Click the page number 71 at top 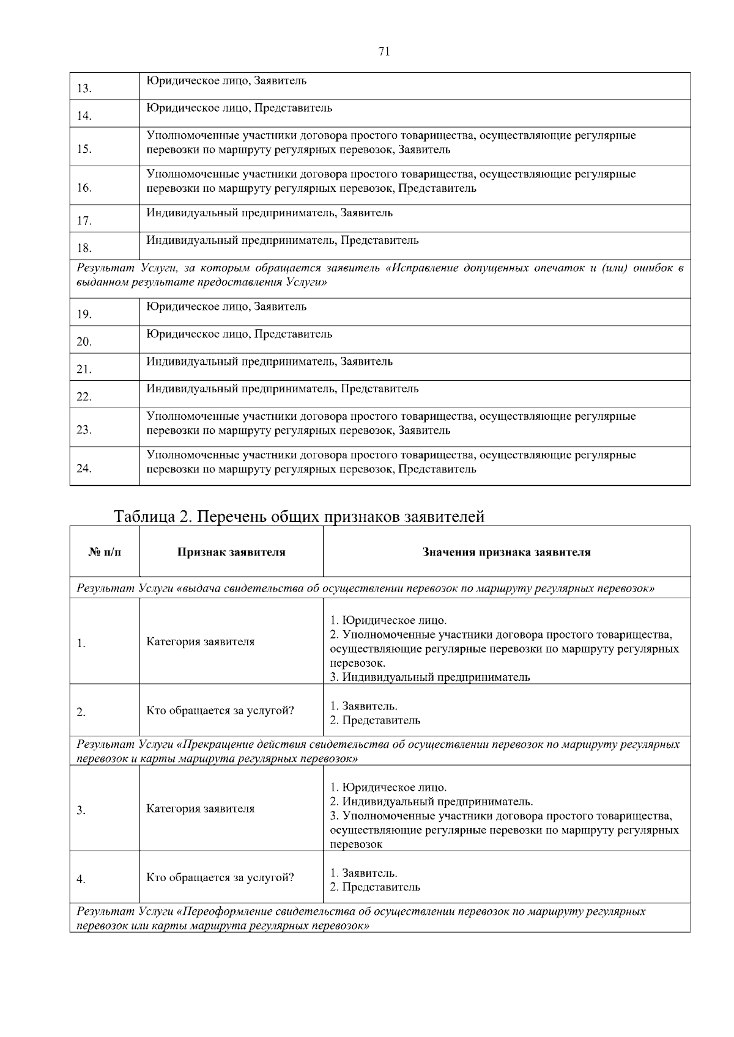coord(384,51)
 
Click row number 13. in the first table coord(84,89)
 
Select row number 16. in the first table coord(84,188)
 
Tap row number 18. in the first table coord(84,248)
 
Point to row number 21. coord(84,370)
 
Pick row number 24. coord(84,469)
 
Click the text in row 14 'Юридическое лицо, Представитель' coord(239,108)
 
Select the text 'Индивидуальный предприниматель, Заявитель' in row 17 coord(269,213)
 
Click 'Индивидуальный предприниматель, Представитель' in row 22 coord(282,389)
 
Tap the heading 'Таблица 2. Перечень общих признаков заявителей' coord(299,517)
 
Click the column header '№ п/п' coord(105,552)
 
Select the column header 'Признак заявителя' coord(231,552)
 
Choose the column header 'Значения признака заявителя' coord(506,552)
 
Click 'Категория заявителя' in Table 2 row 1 coord(200,642)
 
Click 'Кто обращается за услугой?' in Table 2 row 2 coord(220,711)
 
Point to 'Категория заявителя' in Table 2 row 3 coord(200,808)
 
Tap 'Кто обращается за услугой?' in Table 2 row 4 coord(220,878)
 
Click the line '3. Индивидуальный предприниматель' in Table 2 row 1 coord(430,677)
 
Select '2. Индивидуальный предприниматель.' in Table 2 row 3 coord(431,802)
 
